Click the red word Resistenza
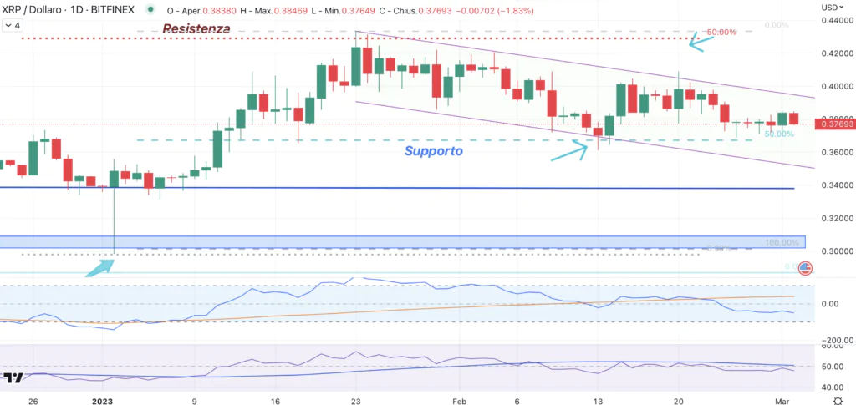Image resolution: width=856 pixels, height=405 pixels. (x=196, y=28)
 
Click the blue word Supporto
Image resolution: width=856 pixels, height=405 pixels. (x=433, y=151)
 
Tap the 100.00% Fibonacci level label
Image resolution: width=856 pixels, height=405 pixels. (x=784, y=242)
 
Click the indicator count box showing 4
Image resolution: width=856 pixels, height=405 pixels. (x=13, y=25)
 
